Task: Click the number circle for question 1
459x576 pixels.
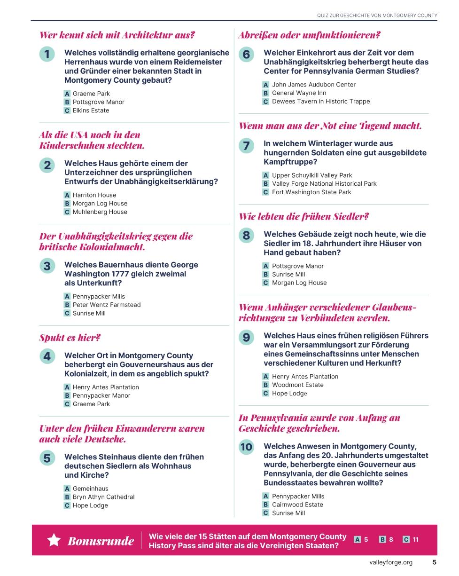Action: tap(47, 55)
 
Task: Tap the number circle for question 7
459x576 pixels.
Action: tap(246, 146)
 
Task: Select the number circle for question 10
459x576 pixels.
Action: tap(246, 447)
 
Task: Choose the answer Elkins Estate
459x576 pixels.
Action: tap(91, 110)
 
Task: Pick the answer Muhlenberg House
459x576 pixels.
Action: tap(100, 212)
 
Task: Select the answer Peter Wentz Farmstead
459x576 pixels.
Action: tap(106, 305)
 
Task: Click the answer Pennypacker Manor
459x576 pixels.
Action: tap(101, 395)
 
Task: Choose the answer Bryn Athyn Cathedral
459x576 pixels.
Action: tap(103, 497)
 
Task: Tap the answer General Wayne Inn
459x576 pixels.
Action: tap(299, 93)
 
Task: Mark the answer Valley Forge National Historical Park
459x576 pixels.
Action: tap(324, 184)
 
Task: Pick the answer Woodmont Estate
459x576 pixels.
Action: tap(297, 385)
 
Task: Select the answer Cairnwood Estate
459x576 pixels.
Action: tap(297, 505)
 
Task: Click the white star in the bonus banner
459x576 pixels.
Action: tap(54, 540)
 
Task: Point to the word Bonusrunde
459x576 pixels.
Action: tap(101, 541)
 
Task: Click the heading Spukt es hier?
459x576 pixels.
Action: tap(70, 338)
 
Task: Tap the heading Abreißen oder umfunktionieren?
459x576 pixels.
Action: tap(309, 35)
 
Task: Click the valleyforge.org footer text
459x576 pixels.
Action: tap(390, 562)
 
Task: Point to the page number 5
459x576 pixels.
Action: tap(434, 562)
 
